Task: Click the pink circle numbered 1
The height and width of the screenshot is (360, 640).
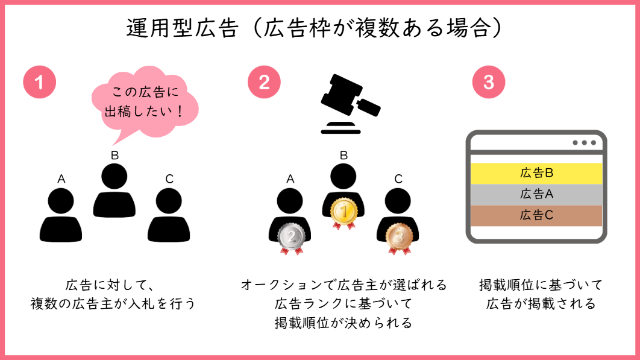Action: click(39, 82)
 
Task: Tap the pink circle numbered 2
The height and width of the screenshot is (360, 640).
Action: click(264, 82)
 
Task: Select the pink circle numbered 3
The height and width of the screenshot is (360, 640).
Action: click(488, 82)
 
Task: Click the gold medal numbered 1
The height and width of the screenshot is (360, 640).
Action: click(344, 212)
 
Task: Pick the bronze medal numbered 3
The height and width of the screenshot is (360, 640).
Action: click(398, 237)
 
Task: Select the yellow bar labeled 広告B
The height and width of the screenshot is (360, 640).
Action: click(536, 173)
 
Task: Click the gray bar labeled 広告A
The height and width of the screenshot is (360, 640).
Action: click(536, 194)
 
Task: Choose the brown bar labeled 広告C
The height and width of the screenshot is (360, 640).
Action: click(536, 215)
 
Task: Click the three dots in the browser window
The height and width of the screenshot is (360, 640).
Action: click(583, 143)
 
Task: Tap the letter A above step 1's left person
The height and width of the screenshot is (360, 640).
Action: click(61, 178)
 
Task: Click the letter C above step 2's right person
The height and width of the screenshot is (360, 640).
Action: click(398, 178)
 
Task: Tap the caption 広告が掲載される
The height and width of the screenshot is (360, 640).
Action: click(541, 303)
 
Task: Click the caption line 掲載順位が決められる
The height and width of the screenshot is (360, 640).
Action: click(343, 323)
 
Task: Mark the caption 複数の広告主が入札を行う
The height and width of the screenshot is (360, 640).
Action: click(113, 303)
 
